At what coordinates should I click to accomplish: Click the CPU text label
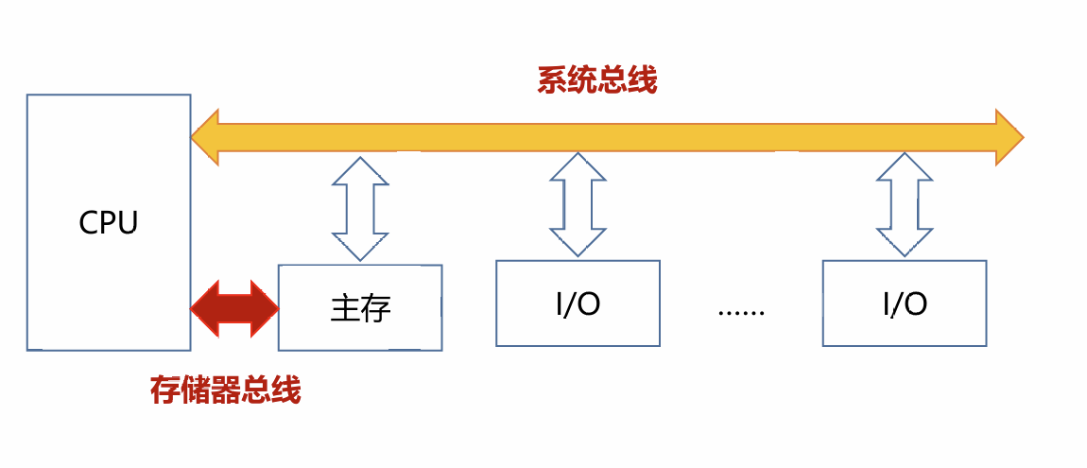click(109, 223)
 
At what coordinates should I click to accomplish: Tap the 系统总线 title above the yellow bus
click(596, 80)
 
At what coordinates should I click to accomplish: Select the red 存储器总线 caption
click(226, 390)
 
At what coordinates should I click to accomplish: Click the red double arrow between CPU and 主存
click(234, 308)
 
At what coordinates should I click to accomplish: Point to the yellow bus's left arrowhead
click(206, 137)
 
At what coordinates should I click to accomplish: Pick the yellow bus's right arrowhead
click(1009, 137)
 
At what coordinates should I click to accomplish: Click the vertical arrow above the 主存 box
click(360, 207)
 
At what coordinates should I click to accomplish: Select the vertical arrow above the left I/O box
click(578, 204)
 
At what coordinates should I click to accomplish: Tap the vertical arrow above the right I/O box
click(905, 204)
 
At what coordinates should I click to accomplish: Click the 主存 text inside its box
click(360, 308)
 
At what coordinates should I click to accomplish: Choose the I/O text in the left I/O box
click(578, 304)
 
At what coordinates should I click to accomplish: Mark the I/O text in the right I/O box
click(905, 304)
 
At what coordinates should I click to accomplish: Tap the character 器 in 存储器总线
click(226, 390)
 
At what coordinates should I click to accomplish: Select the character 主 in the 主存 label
click(345, 308)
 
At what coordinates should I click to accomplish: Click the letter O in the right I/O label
click(915, 304)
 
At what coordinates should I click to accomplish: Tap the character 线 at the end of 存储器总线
click(286, 390)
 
